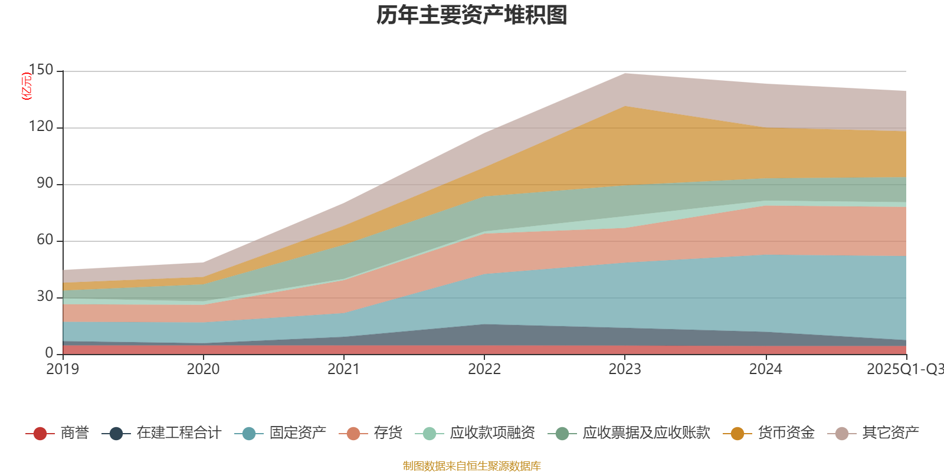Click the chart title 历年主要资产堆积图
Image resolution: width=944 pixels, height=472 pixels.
pyautogui.click(x=472, y=15)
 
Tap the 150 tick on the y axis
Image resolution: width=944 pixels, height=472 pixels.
pyautogui.click(x=41, y=70)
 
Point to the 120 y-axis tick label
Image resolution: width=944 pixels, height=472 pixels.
pyautogui.click(x=41, y=127)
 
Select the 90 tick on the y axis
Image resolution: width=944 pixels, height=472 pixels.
pyautogui.click(x=45, y=183)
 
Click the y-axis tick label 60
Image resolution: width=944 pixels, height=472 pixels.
pyautogui.click(x=45, y=240)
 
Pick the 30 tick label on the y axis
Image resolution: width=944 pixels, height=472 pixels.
pyautogui.click(x=45, y=296)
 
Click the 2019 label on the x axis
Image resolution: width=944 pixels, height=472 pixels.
pyautogui.click(x=63, y=369)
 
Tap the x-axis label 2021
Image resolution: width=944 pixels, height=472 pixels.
pyautogui.click(x=344, y=369)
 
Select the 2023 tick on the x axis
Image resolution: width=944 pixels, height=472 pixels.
pyautogui.click(x=625, y=369)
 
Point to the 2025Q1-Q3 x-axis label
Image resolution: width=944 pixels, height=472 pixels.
pyautogui.click(x=904, y=369)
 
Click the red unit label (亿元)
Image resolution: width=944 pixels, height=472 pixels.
pyautogui.click(x=27, y=86)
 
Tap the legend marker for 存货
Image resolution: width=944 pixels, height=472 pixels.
pyautogui.click(x=353, y=434)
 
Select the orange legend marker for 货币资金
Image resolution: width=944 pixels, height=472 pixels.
pyautogui.click(x=737, y=434)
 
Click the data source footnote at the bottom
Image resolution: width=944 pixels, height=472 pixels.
pyautogui.click(x=472, y=466)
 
